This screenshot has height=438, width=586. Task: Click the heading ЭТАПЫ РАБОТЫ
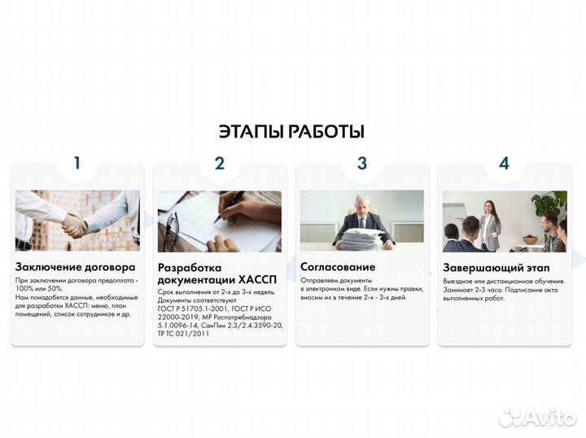tap(291, 132)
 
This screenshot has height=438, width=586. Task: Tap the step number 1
tap(77, 163)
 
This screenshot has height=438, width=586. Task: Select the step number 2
tap(219, 163)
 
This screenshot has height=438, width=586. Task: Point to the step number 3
tap(362, 163)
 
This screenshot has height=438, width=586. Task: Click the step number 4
tap(504, 163)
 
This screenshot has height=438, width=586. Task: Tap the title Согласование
tap(338, 266)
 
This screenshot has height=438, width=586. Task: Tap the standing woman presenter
tap(490, 223)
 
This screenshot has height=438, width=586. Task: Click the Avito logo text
tap(549, 417)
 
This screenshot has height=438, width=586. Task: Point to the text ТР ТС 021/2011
tap(184, 334)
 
